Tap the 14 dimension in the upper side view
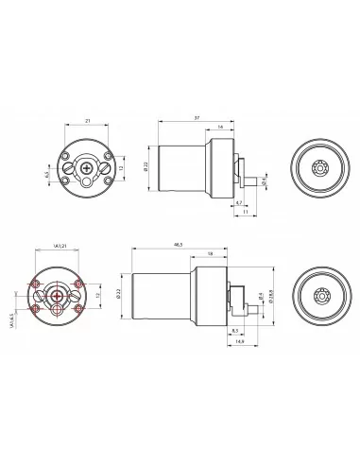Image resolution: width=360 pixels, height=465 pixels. click(x=220, y=128)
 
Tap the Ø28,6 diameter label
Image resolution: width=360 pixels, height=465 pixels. click(x=273, y=296)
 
